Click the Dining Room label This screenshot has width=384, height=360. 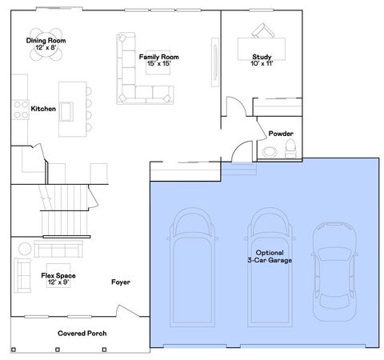(x=46, y=44)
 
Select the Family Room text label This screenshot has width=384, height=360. (x=158, y=61)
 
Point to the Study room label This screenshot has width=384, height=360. (x=262, y=61)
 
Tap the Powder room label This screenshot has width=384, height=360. (x=280, y=133)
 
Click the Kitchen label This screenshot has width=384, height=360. (x=43, y=109)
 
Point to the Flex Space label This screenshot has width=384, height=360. (x=58, y=278)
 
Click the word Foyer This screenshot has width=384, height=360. (x=120, y=282)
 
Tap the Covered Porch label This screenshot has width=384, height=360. (x=82, y=333)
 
